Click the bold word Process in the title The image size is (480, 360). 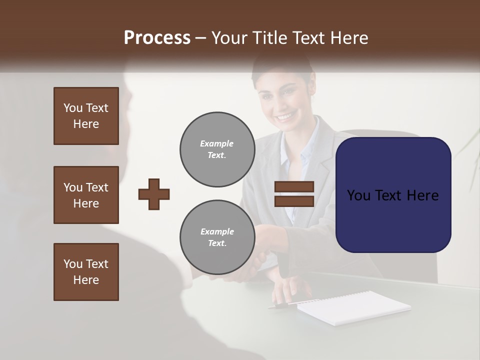tap(157, 37)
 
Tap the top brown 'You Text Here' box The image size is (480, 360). tap(86, 116)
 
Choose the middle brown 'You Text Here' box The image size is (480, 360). tap(86, 195)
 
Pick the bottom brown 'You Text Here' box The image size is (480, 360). tap(86, 272)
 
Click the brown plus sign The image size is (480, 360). tap(154, 194)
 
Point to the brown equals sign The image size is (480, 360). tap(294, 194)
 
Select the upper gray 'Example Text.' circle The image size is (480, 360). tap(217, 149)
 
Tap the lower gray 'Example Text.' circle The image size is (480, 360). tap(217, 237)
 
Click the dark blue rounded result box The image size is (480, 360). tap(393, 195)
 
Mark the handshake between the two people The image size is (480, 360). tap(260, 255)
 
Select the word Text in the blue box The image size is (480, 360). tap(392, 195)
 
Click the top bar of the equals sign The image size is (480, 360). tap(294, 186)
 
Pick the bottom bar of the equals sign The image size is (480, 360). tap(294, 201)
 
